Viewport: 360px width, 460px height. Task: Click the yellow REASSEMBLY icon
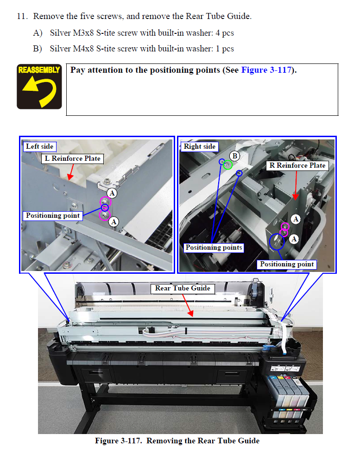pyautogui.click(x=39, y=87)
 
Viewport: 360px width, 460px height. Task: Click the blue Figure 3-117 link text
pyautogui.click(x=266, y=70)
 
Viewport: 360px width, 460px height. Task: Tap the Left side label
pyautogui.click(x=39, y=146)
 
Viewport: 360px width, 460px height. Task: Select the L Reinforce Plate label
pyautogui.click(x=72, y=158)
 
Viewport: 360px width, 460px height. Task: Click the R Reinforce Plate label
pyautogui.click(x=297, y=165)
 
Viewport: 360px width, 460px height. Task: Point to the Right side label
pyautogui.click(x=200, y=146)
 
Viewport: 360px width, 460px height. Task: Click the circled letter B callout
pyautogui.click(x=235, y=156)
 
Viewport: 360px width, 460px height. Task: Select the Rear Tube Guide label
pyautogui.click(x=183, y=289)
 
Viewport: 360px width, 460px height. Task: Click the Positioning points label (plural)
pyautogui.click(x=214, y=247)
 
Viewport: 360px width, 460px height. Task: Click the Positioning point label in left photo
pyautogui.click(x=53, y=215)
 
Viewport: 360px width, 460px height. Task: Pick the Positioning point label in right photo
pyautogui.click(x=287, y=265)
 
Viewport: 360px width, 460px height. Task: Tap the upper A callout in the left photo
pyautogui.click(x=112, y=193)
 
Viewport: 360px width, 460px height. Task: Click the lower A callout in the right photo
pyautogui.click(x=294, y=239)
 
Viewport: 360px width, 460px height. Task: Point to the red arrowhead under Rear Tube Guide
pyautogui.click(x=191, y=314)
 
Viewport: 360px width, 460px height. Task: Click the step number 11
pyautogui.click(x=22, y=16)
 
